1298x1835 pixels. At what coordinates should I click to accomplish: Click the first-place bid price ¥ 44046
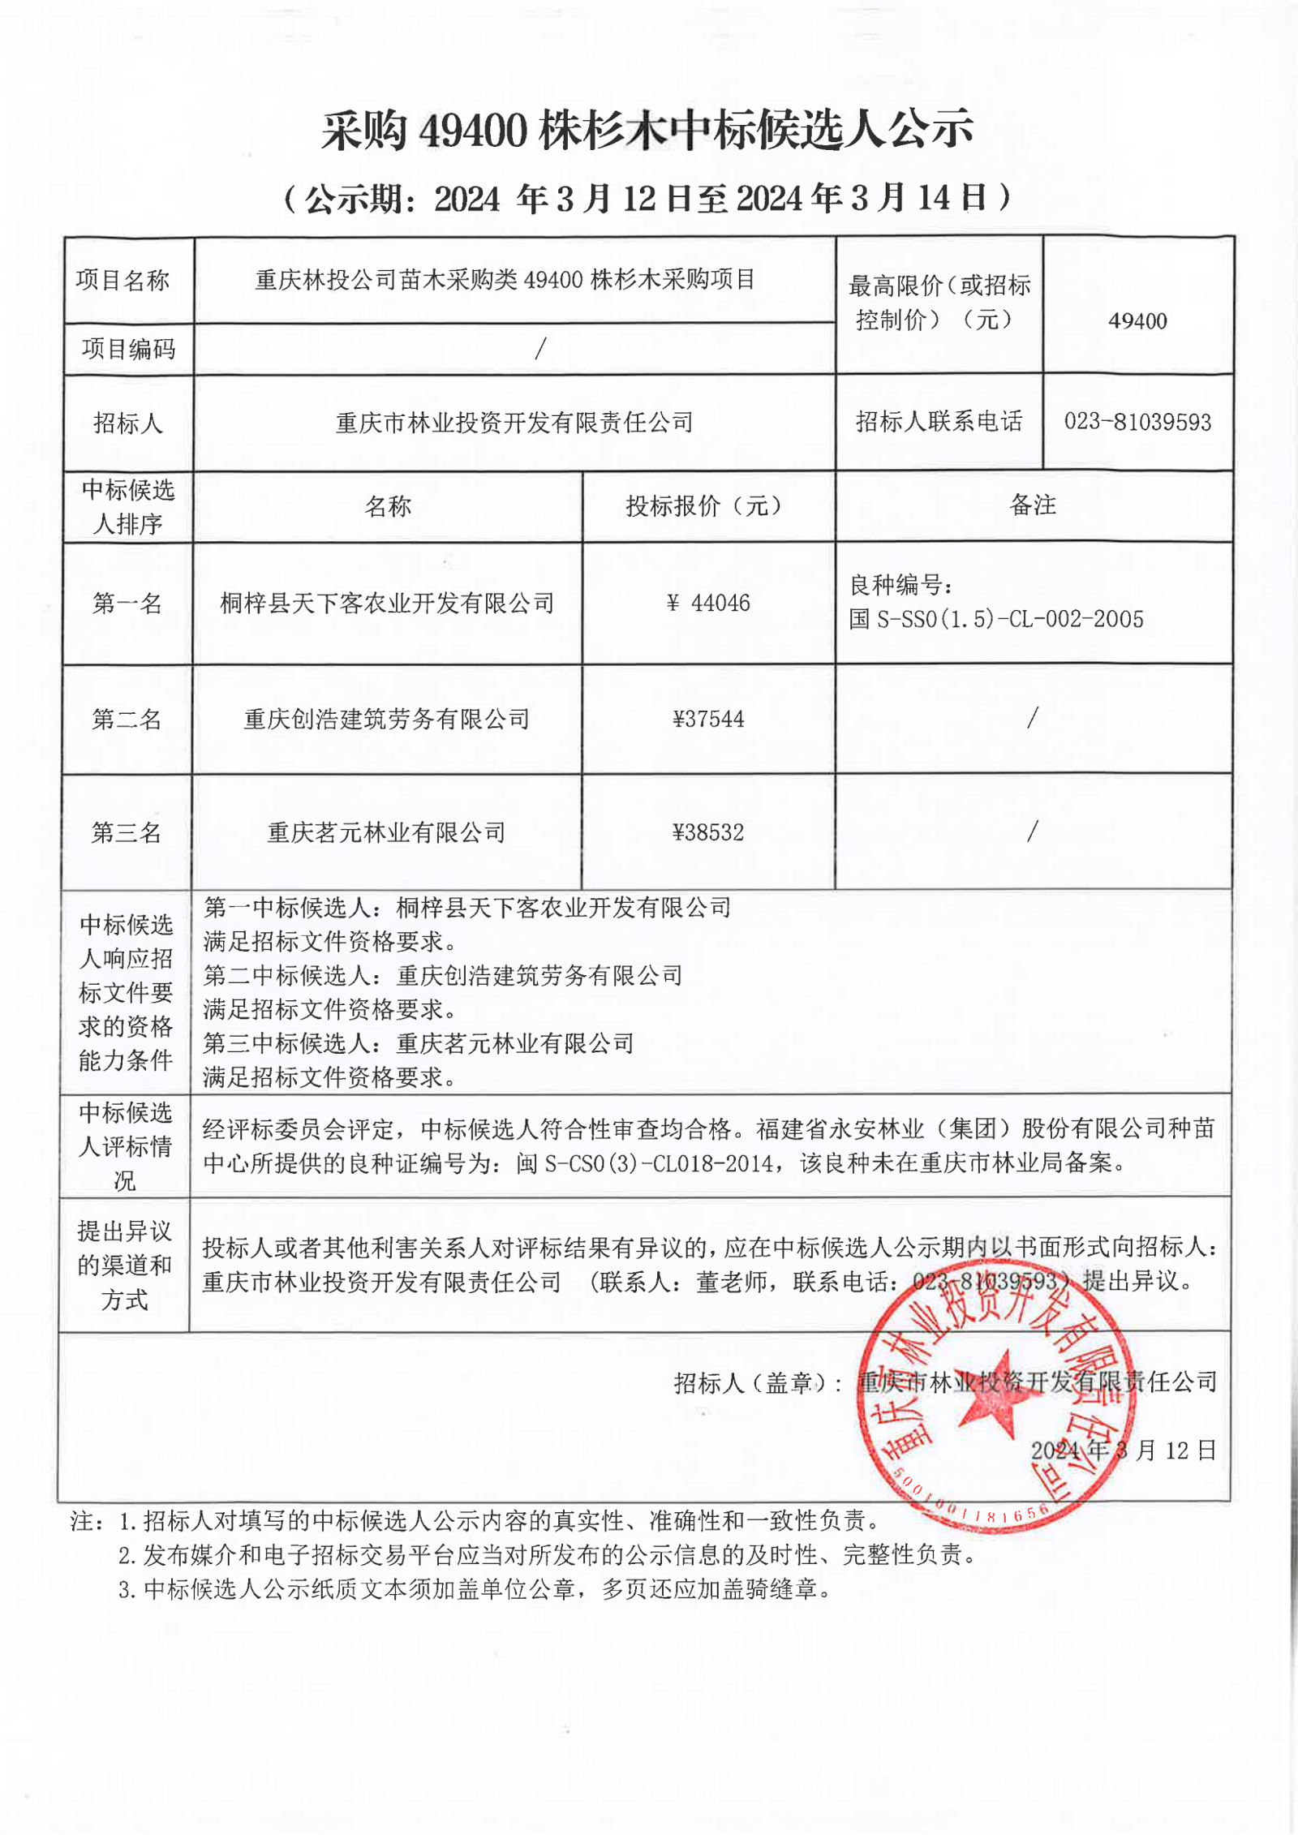[x=708, y=603]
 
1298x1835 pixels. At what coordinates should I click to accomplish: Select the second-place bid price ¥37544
[x=708, y=719]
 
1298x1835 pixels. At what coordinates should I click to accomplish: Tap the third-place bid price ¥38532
[x=708, y=832]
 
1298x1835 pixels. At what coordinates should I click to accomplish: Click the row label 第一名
[x=127, y=603]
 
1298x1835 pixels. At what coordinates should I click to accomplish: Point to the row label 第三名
[x=127, y=832]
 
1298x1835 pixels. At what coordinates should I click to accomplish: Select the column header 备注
[x=1033, y=505]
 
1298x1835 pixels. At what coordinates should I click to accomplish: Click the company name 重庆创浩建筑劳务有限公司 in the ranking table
[x=387, y=719]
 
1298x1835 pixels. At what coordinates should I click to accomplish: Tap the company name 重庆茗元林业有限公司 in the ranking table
[x=387, y=832]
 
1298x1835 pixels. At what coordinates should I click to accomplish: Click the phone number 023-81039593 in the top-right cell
[x=1137, y=422]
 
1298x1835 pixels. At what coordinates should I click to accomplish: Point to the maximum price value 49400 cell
[x=1137, y=321]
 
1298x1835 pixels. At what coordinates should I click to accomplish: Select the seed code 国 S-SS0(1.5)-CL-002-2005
[x=996, y=620]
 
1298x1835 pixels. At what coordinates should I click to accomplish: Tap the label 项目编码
[x=128, y=349]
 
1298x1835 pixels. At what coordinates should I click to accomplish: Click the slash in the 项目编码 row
[x=540, y=349]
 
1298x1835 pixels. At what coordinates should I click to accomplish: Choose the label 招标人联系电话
[x=939, y=422]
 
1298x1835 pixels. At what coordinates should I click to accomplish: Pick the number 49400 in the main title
[x=473, y=131]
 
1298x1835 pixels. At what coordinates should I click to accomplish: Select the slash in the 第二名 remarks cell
[x=1032, y=717]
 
